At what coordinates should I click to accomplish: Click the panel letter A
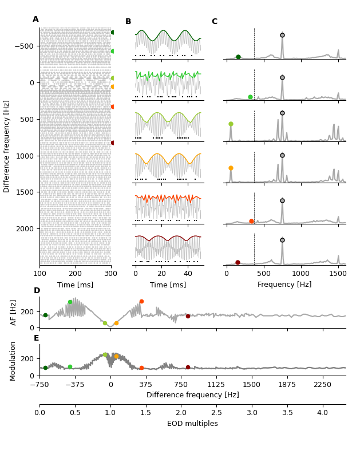(x=35, y=19)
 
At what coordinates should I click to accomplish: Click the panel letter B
(x=128, y=22)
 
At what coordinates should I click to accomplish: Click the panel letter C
(x=215, y=22)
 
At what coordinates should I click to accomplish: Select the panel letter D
(x=37, y=291)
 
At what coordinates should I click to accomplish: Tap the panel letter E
(x=37, y=338)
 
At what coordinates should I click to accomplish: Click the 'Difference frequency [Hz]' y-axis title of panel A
(x=7, y=146)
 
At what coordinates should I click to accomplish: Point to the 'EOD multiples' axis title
(x=192, y=424)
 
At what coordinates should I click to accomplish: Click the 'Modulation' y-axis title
(x=13, y=361)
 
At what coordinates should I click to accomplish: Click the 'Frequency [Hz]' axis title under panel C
(x=284, y=285)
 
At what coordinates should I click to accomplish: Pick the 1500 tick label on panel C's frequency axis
(x=338, y=274)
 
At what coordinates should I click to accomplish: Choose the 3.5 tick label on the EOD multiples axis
(x=287, y=412)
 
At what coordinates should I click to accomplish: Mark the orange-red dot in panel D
(x=141, y=302)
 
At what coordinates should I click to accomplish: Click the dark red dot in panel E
(x=188, y=368)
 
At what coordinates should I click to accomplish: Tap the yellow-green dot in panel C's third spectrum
(x=231, y=124)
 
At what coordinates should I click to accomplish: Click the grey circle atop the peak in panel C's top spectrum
(x=282, y=35)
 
